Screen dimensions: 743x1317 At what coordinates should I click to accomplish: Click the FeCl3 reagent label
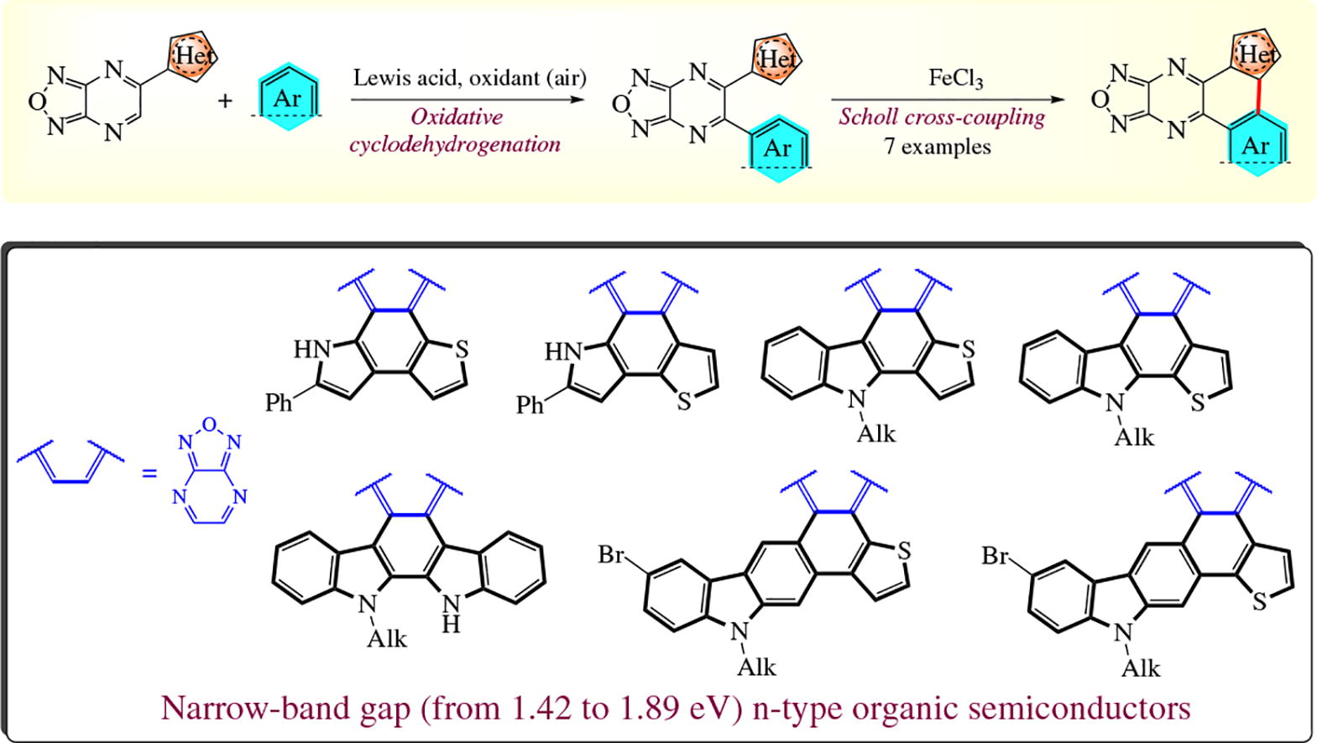pos(955,79)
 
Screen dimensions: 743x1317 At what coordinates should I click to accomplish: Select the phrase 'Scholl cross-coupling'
pos(942,117)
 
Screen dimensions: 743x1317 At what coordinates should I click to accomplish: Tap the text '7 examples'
pos(937,147)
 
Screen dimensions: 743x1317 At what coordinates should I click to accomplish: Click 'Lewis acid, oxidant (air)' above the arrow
pos(469,78)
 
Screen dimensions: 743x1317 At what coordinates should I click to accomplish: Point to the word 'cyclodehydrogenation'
pos(455,144)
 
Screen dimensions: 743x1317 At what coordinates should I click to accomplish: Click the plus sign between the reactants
pos(225,101)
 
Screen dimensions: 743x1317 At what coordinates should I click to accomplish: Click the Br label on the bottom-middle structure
pos(612,555)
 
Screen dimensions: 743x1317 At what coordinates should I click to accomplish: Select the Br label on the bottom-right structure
pos(996,556)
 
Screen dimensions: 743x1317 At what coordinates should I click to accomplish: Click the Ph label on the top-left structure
pos(279,403)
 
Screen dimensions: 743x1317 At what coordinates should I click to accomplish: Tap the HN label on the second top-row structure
pos(561,351)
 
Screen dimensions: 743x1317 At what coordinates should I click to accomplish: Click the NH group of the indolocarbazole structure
pos(452,611)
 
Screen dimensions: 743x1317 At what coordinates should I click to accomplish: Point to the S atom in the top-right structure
pos(1197,403)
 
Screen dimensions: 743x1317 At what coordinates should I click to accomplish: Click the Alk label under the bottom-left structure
pos(387,639)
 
